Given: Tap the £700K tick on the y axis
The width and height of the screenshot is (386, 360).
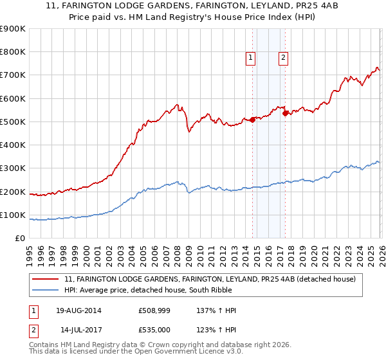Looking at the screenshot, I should click(x=13, y=75).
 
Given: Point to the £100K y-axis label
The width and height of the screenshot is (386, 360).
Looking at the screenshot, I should click(x=13, y=215).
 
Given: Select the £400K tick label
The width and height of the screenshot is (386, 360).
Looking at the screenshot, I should click(x=13, y=145).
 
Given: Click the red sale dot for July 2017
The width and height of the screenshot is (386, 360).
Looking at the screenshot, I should click(x=285, y=113).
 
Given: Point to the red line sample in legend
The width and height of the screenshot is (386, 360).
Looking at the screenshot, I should click(x=47, y=279).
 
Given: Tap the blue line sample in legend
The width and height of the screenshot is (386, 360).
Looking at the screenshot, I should click(x=47, y=290).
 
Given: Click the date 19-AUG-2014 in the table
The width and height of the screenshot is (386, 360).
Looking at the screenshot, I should click(x=78, y=310).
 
